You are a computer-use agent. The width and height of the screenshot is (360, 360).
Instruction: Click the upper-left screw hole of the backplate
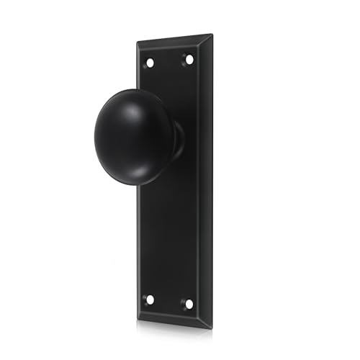(x=150, y=63)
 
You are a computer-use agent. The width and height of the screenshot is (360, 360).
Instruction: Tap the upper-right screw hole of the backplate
(x=189, y=59)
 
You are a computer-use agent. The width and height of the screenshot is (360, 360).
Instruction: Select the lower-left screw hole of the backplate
(x=150, y=299)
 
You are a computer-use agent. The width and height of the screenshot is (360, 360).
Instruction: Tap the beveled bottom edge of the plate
(x=173, y=320)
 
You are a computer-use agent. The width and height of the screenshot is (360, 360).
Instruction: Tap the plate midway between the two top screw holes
(x=169, y=61)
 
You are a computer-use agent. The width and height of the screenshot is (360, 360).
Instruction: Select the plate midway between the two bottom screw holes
(x=169, y=301)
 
